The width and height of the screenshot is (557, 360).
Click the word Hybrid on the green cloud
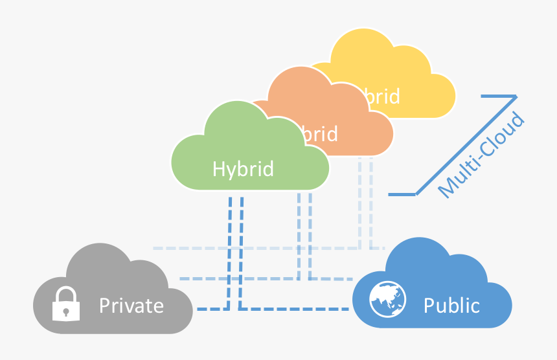tap(243, 170)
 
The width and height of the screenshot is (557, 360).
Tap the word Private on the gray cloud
tap(131, 305)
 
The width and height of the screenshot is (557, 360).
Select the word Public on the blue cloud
tap(451, 305)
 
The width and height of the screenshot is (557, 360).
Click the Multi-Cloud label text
tap(481, 155)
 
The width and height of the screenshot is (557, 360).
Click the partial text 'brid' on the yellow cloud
tap(381, 96)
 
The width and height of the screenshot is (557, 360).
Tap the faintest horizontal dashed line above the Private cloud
tap(259, 248)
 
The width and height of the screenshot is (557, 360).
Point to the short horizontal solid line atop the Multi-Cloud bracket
tap(499, 96)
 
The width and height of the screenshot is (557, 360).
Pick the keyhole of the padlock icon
tap(66, 311)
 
